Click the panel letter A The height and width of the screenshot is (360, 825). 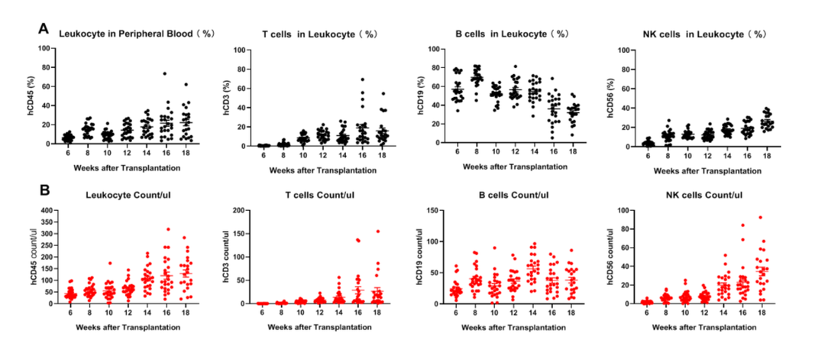(x=44, y=28)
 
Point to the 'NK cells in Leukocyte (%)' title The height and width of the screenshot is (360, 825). (x=704, y=34)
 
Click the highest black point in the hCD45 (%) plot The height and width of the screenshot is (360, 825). (x=163, y=74)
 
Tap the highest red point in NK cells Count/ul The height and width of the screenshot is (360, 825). (x=739, y=217)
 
